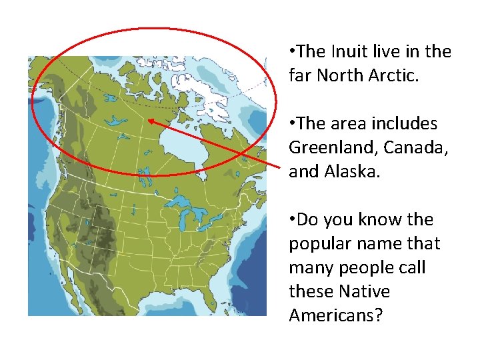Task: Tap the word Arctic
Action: click(393, 76)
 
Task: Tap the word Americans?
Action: click(336, 316)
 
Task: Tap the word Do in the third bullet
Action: click(308, 220)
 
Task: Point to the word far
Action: click(300, 76)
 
